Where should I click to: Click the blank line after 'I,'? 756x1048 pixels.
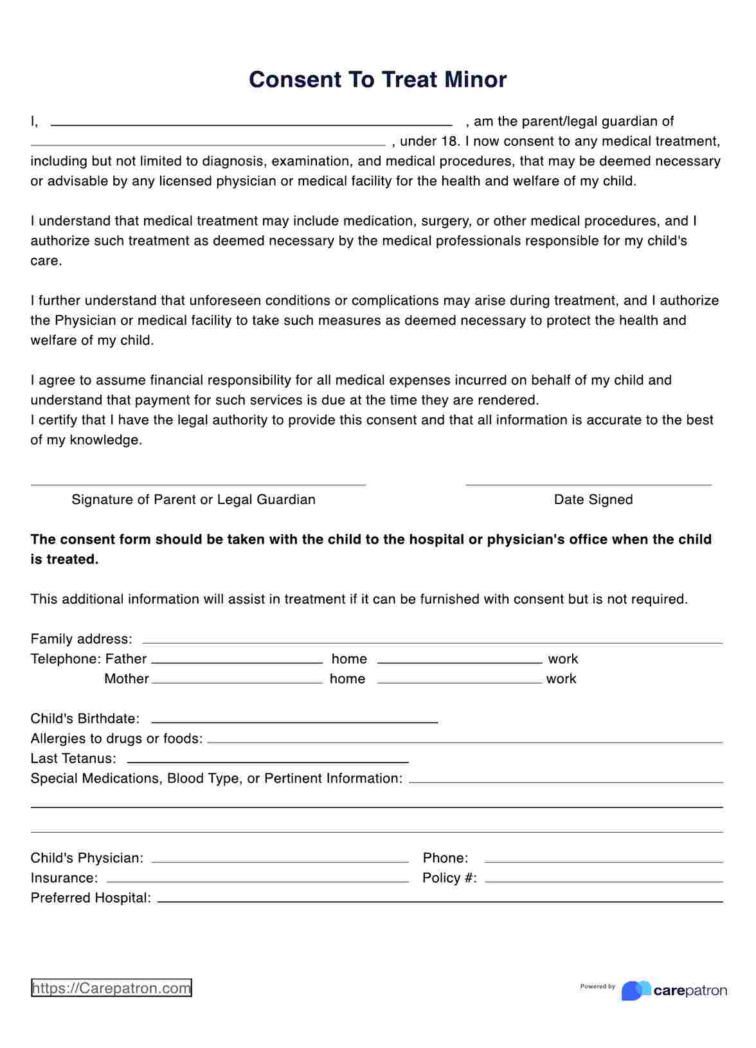(x=251, y=124)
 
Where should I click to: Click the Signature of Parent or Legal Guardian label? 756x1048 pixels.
(x=194, y=500)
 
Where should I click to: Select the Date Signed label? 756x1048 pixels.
(x=593, y=500)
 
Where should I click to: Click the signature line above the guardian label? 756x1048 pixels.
(x=198, y=484)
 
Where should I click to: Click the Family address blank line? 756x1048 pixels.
(x=432, y=642)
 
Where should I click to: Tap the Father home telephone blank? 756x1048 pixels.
(x=237, y=662)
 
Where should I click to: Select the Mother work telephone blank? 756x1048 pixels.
(x=460, y=682)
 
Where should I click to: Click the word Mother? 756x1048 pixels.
(x=127, y=679)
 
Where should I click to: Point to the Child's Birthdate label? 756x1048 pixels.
(x=85, y=719)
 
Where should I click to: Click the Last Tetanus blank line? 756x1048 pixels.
(x=267, y=762)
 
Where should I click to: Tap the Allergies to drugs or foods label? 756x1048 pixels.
(x=116, y=739)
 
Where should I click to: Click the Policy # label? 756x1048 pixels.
(x=449, y=878)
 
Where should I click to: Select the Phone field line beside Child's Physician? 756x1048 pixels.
(x=604, y=862)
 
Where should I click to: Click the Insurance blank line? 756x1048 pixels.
(x=257, y=881)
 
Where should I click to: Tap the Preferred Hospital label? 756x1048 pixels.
(x=91, y=898)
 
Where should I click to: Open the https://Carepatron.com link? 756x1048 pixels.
(x=111, y=988)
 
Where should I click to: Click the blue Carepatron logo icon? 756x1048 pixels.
(x=635, y=991)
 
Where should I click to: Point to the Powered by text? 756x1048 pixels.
(x=597, y=986)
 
